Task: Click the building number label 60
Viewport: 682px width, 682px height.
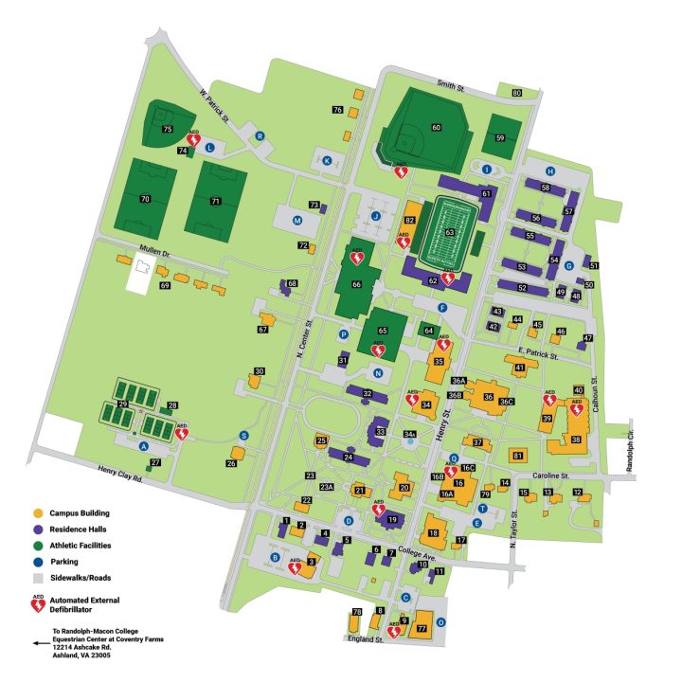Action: pyautogui.click(x=437, y=127)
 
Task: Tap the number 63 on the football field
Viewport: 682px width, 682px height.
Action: pyautogui.click(x=451, y=231)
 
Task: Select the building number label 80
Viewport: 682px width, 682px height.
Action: pyautogui.click(x=516, y=93)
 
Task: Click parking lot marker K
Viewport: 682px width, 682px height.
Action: pyautogui.click(x=328, y=161)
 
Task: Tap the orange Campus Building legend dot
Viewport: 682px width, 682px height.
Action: pyautogui.click(x=38, y=512)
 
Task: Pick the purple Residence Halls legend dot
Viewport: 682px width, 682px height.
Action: pyautogui.click(x=38, y=529)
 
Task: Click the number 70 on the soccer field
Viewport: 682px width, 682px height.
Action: pyautogui.click(x=145, y=199)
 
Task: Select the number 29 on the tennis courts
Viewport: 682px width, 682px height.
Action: pyautogui.click(x=121, y=404)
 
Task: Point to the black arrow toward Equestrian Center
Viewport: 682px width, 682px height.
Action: pyautogui.click(x=40, y=641)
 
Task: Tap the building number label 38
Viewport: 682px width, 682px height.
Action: pyautogui.click(x=577, y=440)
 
